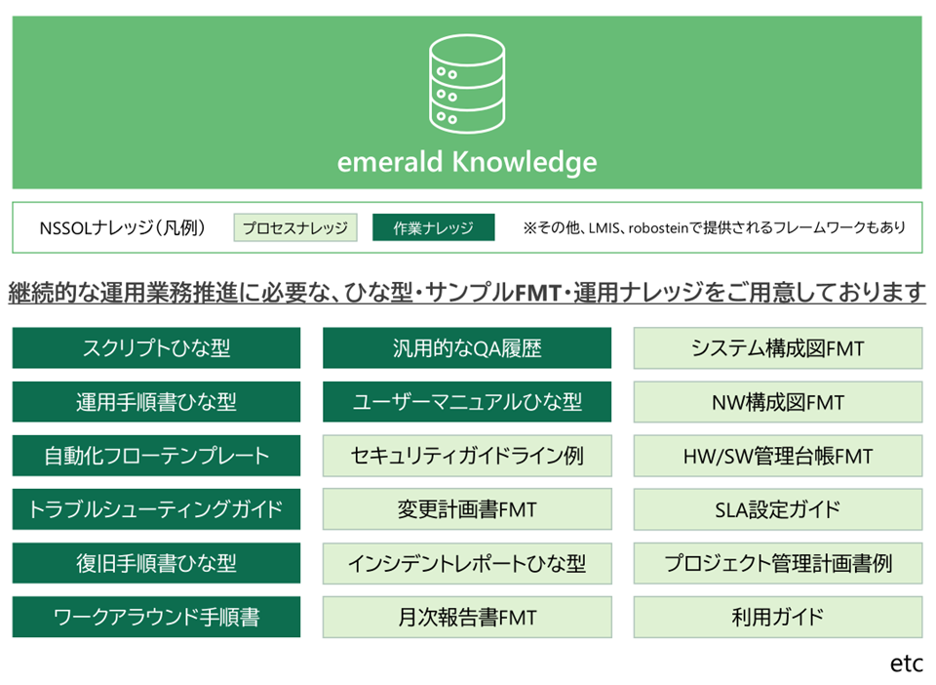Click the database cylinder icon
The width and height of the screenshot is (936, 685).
tap(467, 84)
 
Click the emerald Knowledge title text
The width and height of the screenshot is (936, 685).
tap(467, 162)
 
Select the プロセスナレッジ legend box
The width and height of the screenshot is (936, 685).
tap(295, 227)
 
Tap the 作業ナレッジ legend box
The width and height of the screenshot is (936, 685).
tap(433, 227)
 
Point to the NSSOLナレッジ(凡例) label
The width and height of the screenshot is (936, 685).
tap(123, 227)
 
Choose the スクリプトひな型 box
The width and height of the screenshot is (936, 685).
tap(156, 347)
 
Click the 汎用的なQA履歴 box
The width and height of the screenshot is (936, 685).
tap(467, 347)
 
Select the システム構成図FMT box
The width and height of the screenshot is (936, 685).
tap(778, 347)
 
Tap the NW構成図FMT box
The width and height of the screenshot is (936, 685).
tap(778, 402)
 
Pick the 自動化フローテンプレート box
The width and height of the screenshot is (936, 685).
tap(156, 456)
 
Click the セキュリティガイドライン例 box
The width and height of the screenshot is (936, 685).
tap(467, 456)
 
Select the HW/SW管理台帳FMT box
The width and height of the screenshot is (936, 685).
tap(778, 456)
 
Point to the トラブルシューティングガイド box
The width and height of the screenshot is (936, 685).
tap(156, 509)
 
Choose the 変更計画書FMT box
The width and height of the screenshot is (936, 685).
tap(467, 509)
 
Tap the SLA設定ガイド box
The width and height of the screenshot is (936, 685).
tap(778, 509)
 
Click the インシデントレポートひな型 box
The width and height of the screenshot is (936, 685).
tap(467, 563)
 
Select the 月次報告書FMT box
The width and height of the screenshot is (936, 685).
tap(467, 617)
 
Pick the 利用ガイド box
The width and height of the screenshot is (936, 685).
tap(778, 617)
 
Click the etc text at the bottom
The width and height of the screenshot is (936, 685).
tap(906, 664)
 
